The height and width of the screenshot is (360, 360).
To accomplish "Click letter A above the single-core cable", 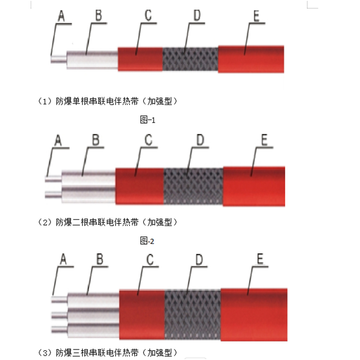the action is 61,16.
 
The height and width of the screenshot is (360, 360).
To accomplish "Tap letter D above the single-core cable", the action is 197,15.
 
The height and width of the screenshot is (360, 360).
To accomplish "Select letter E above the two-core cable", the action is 265,139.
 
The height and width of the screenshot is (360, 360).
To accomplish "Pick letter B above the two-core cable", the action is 95,139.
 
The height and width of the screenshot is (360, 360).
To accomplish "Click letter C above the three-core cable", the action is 150,260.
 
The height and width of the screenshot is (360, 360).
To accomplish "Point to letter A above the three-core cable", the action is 63,259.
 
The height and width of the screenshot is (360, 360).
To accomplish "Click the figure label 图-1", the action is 148,120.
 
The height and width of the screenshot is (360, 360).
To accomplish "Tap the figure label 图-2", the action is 147,241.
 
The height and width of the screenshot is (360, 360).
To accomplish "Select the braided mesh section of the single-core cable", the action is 190,59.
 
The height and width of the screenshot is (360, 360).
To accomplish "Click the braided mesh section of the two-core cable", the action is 193,186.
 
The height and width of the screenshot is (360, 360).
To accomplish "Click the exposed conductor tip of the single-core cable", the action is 59,59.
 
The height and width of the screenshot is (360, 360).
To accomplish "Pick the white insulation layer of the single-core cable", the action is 92,60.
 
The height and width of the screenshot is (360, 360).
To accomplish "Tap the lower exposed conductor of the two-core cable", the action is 53,194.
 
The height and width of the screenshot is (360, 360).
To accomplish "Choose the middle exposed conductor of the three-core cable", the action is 59,315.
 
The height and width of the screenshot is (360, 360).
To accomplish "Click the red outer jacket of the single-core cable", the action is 251,59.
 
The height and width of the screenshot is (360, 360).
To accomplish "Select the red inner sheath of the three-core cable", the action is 142,315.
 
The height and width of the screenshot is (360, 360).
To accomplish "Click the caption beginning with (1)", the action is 108,101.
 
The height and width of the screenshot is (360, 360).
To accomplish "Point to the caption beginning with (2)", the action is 108,222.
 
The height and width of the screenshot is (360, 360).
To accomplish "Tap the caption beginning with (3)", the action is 108,352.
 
